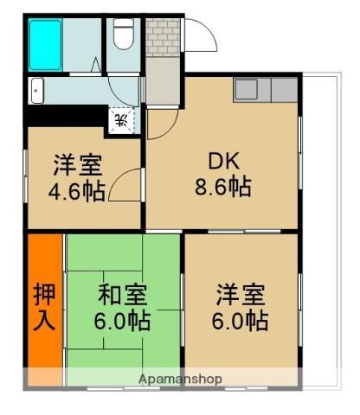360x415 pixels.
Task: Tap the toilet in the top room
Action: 124,35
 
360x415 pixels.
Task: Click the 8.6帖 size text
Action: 222,186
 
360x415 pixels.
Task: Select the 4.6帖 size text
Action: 77,191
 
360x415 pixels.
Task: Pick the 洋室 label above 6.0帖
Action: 241,294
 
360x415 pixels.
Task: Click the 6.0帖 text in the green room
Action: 121,322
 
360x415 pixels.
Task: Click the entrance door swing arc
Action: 200,39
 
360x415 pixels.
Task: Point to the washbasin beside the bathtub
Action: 37,89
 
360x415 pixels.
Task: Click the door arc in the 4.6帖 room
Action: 129,184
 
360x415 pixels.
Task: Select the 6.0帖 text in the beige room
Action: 241,320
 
